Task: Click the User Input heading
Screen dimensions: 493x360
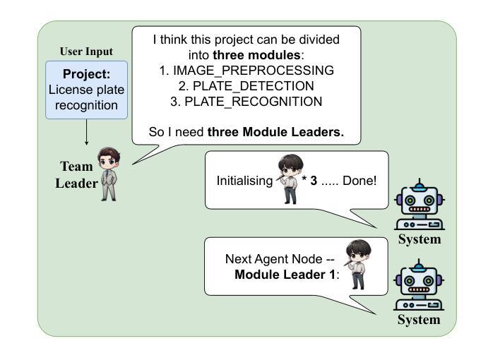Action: click(86, 52)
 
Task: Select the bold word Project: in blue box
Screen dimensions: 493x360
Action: click(86, 74)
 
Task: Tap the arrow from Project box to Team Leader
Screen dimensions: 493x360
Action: click(86, 132)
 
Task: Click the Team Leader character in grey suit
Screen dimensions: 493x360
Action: click(109, 174)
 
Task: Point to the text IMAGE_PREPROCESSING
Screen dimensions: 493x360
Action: click(254, 71)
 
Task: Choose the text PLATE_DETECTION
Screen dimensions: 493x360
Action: click(254, 85)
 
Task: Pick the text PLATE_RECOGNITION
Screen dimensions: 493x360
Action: click(254, 102)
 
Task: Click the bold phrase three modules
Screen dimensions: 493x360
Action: click(256, 55)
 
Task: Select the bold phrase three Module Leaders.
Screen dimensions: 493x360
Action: click(275, 132)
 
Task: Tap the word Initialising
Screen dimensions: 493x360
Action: click(244, 181)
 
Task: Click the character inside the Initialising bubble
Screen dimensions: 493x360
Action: click(290, 179)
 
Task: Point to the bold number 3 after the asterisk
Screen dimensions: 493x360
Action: click(314, 181)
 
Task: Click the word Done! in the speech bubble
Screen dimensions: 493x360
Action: click(360, 181)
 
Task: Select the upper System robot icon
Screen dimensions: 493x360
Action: click(420, 204)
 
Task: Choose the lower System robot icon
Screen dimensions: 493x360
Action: click(419, 284)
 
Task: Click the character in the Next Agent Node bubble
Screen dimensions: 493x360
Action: click(358, 264)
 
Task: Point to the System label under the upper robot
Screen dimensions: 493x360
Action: click(420, 239)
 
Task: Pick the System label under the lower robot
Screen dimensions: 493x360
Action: click(419, 320)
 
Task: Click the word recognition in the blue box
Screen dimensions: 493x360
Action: click(86, 106)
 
